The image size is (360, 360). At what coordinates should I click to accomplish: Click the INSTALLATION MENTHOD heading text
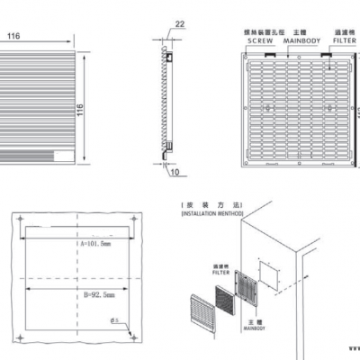pos(212,216)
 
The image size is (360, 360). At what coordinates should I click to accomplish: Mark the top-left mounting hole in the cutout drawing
pos(15,218)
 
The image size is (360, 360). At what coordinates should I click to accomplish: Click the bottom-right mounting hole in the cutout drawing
pos(133,336)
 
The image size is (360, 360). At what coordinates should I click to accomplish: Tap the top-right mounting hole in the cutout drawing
pos(133,218)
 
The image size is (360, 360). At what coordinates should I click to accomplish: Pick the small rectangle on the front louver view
pos(60,157)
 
